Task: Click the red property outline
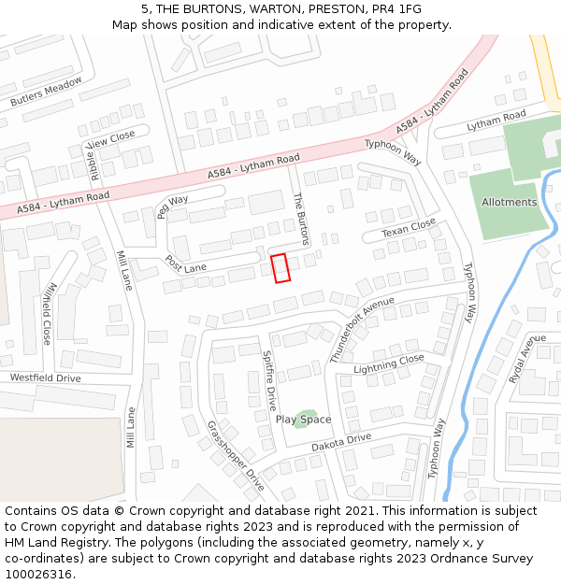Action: click(x=280, y=267)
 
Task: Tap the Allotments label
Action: click(x=509, y=203)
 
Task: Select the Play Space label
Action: click(x=303, y=420)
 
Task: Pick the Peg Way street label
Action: click(x=172, y=206)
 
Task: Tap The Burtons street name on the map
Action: click(x=301, y=220)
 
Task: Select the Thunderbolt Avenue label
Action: click(x=362, y=330)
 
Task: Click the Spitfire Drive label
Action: click(x=269, y=380)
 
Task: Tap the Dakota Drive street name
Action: click(x=341, y=443)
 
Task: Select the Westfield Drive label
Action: click(x=45, y=378)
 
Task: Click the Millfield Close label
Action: click(x=48, y=312)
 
